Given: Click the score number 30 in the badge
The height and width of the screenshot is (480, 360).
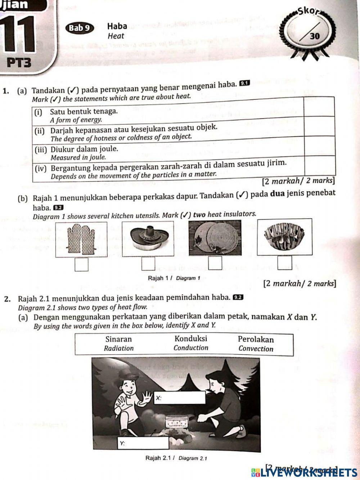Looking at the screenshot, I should pyautogui.click(x=315, y=36).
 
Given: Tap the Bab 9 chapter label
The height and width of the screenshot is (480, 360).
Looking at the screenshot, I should pyautogui.click(x=79, y=28).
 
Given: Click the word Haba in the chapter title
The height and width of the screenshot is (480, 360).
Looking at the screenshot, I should pyautogui.click(x=117, y=26).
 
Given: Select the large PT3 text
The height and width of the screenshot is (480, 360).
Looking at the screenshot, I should pyautogui.click(x=19, y=63).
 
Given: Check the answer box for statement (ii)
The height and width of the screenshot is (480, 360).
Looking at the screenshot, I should pyautogui.click(x=320, y=126).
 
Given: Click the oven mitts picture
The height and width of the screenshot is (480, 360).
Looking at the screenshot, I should pyautogui.click(x=81, y=239).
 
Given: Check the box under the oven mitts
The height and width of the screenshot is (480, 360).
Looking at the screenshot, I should pyautogui.click(x=81, y=264).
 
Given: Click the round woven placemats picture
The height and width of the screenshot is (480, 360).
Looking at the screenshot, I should pyautogui.click(x=215, y=238).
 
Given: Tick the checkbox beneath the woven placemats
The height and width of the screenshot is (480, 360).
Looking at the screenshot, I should pyautogui.click(x=215, y=263).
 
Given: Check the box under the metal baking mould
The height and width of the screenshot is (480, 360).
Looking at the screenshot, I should pyautogui.click(x=285, y=263).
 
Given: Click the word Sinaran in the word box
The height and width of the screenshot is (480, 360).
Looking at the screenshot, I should pyautogui.click(x=118, y=339).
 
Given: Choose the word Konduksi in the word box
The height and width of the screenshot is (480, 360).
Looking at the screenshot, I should pyautogui.click(x=191, y=338).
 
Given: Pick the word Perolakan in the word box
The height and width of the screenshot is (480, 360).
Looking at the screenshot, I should pyautogui.click(x=256, y=339).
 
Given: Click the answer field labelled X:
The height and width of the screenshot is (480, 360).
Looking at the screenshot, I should pyautogui.click(x=180, y=398).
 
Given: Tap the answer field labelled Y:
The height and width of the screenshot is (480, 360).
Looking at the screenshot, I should pyautogui.click(x=143, y=443).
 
